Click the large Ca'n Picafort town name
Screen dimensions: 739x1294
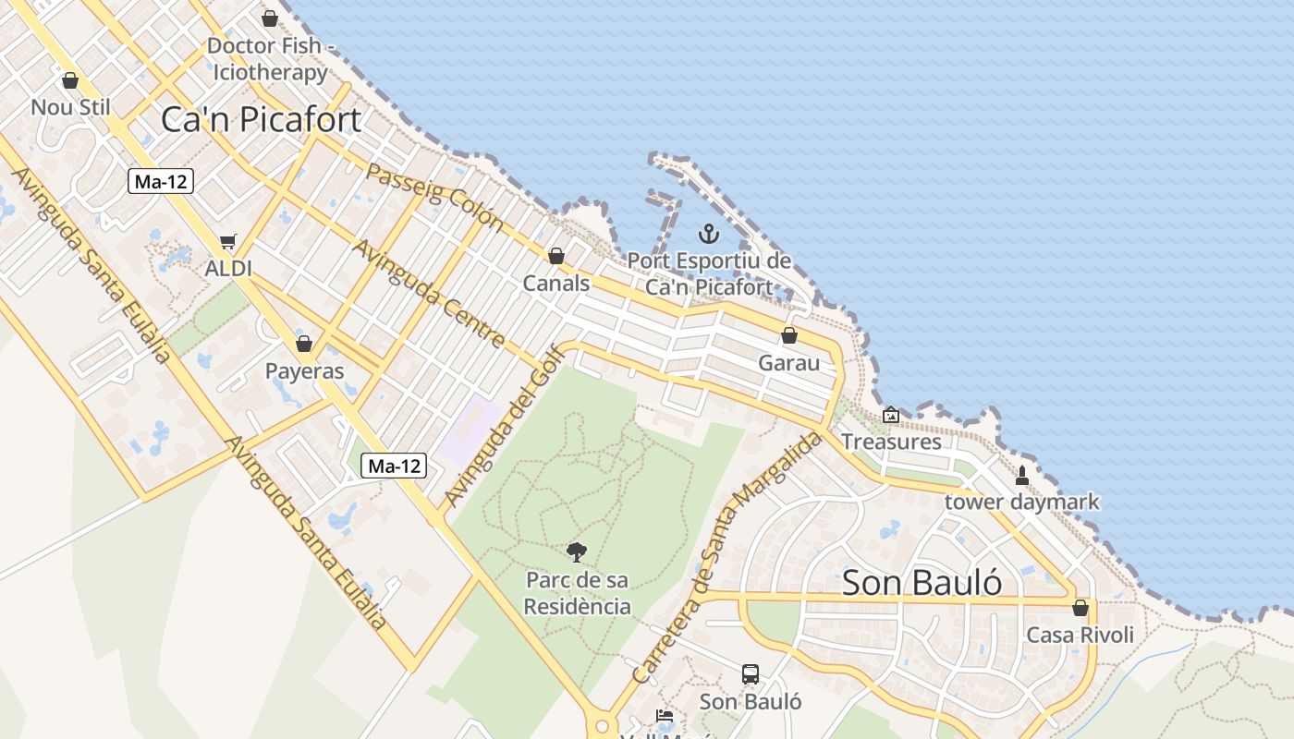[x=261, y=119]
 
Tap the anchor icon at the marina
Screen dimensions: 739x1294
[x=709, y=234]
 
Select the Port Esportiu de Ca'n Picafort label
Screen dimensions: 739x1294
[x=709, y=273]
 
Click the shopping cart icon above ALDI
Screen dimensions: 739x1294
[x=228, y=242]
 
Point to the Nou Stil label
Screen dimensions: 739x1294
[x=70, y=107]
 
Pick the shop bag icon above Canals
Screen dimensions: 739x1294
[x=556, y=256]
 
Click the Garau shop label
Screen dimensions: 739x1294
[x=788, y=363]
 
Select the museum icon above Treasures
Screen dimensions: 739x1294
[x=890, y=416]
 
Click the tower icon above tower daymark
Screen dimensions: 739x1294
[x=1022, y=476]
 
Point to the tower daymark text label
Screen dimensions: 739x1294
[x=1022, y=502]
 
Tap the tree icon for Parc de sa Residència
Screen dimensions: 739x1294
[x=577, y=552]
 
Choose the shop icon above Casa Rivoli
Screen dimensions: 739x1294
[x=1080, y=608]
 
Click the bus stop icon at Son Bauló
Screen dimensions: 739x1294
[x=751, y=674]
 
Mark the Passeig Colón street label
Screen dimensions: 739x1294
[x=434, y=197]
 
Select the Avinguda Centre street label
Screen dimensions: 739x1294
[x=428, y=294]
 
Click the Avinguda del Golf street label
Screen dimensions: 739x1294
[x=504, y=425]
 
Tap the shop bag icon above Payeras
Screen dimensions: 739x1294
[x=304, y=345]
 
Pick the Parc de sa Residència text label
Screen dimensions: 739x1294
[x=577, y=593]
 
